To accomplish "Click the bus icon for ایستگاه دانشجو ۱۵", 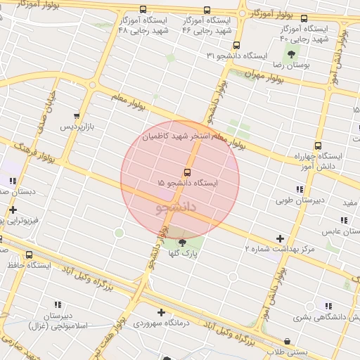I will [187, 172].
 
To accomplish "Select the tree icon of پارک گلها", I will [183, 243].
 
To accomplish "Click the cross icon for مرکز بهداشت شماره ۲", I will [281, 239].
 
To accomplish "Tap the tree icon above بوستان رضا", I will [291, 54].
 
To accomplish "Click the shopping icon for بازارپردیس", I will [77, 116].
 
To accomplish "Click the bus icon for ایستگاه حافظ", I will [29, 255].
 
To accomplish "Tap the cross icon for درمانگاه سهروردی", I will [162, 312].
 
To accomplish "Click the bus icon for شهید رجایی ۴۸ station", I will [143, 10].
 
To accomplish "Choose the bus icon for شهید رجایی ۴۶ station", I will [207, 10].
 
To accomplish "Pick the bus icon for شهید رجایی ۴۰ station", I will [304, 18].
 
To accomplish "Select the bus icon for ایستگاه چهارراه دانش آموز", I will [318, 146].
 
